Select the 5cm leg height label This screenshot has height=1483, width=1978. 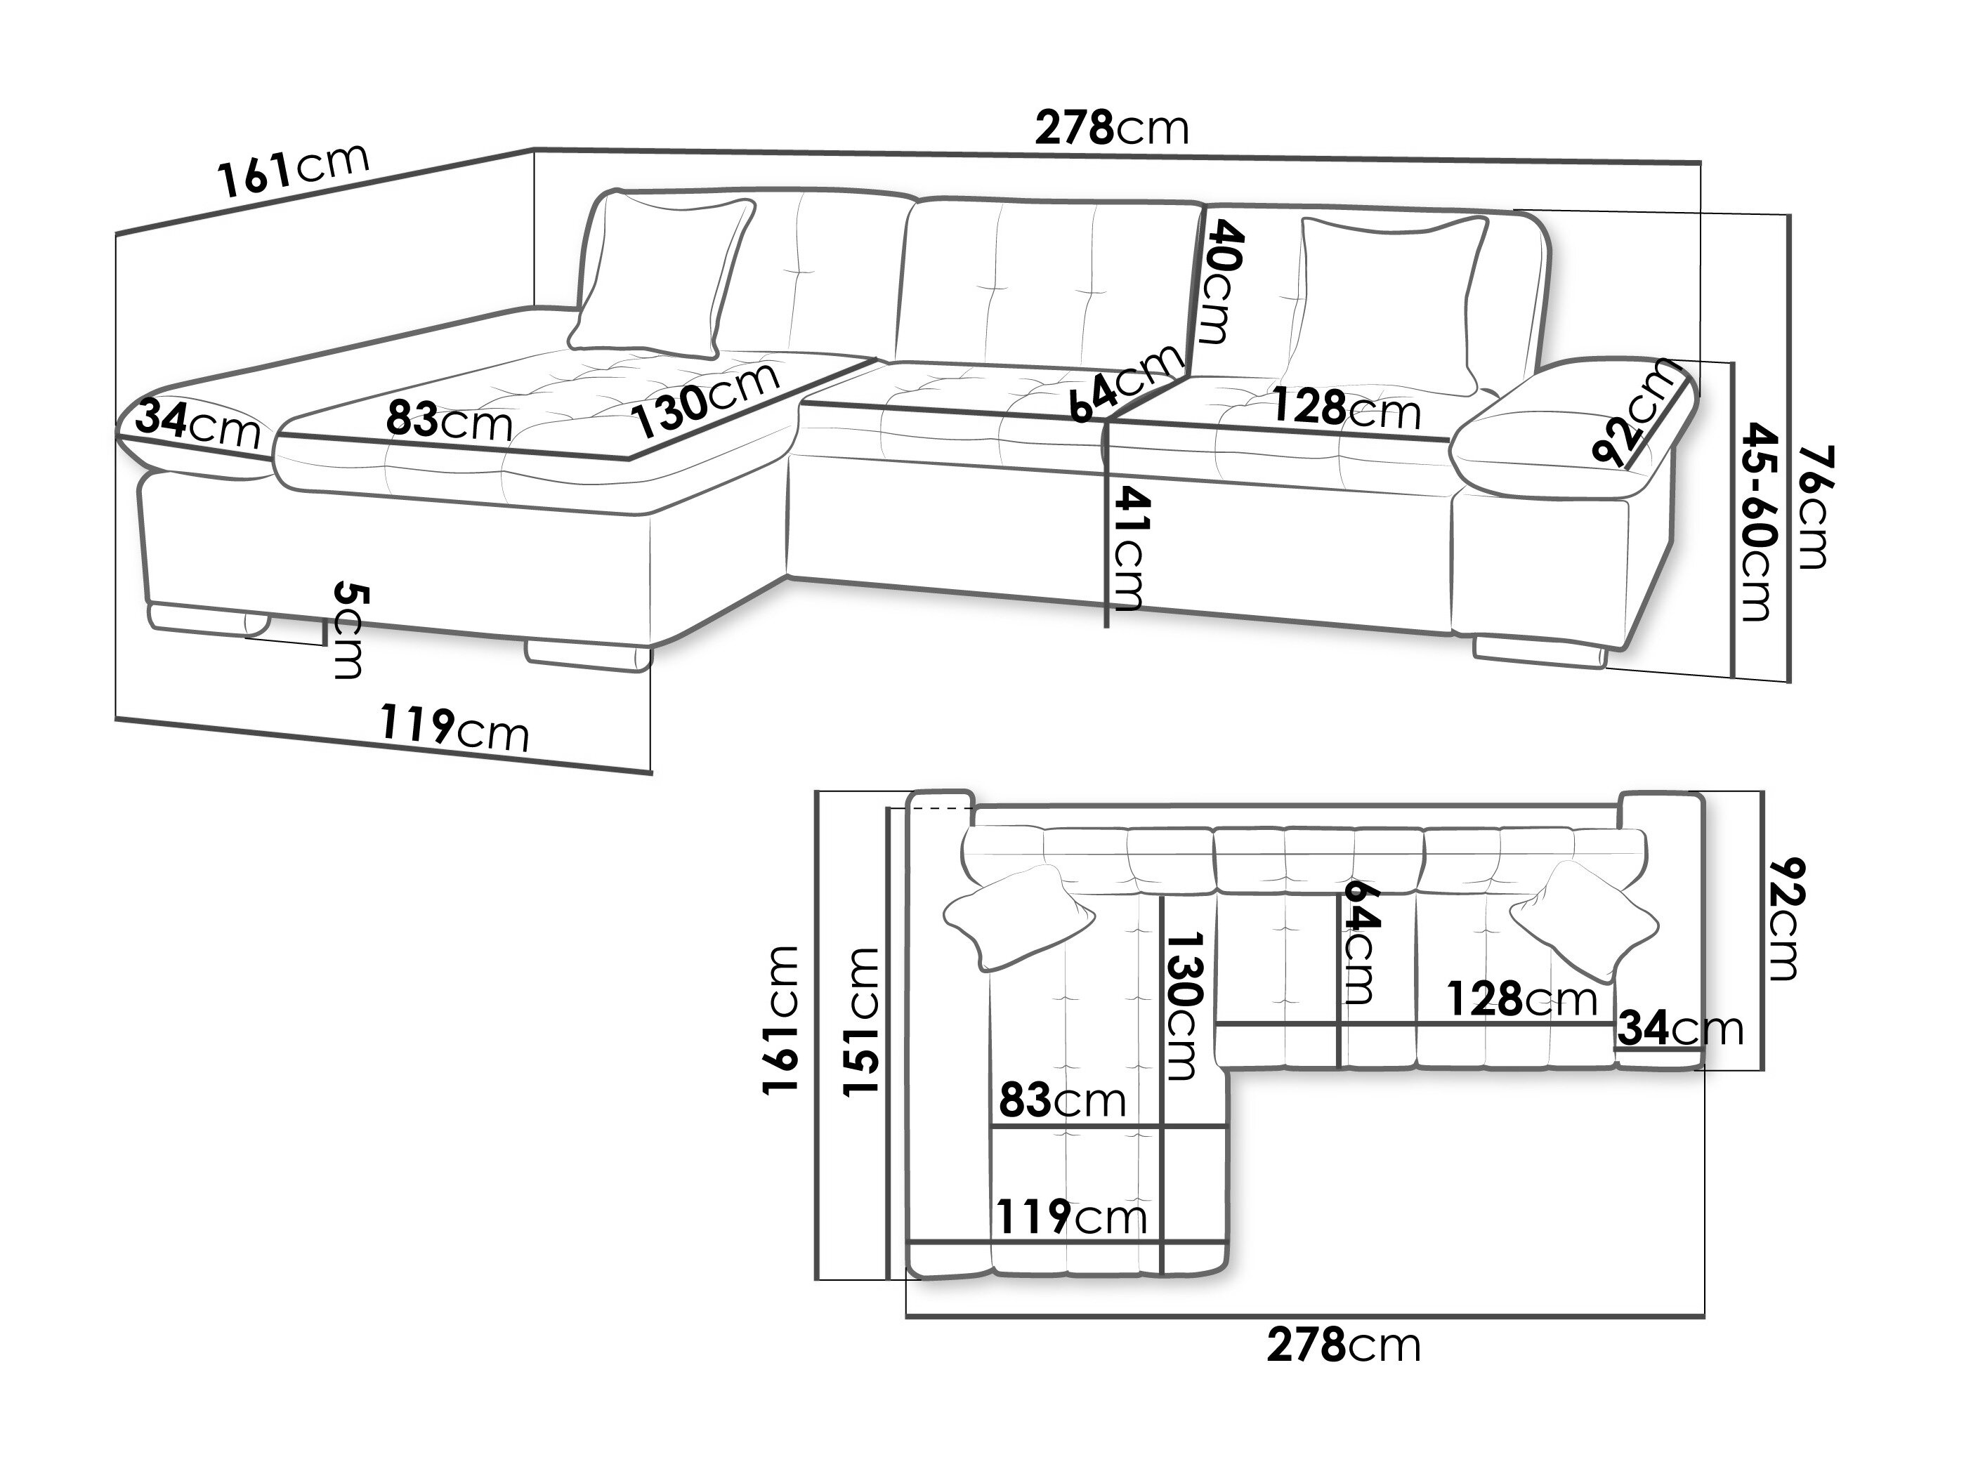(x=347, y=631)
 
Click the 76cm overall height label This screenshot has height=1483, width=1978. (x=1812, y=507)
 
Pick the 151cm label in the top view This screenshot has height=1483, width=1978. (x=862, y=1021)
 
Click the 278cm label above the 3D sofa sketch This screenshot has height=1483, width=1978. (x=1111, y=128)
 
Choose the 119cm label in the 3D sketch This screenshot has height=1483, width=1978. (x=454, y=729)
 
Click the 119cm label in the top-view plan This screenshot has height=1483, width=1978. (x=1071, y=1217)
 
